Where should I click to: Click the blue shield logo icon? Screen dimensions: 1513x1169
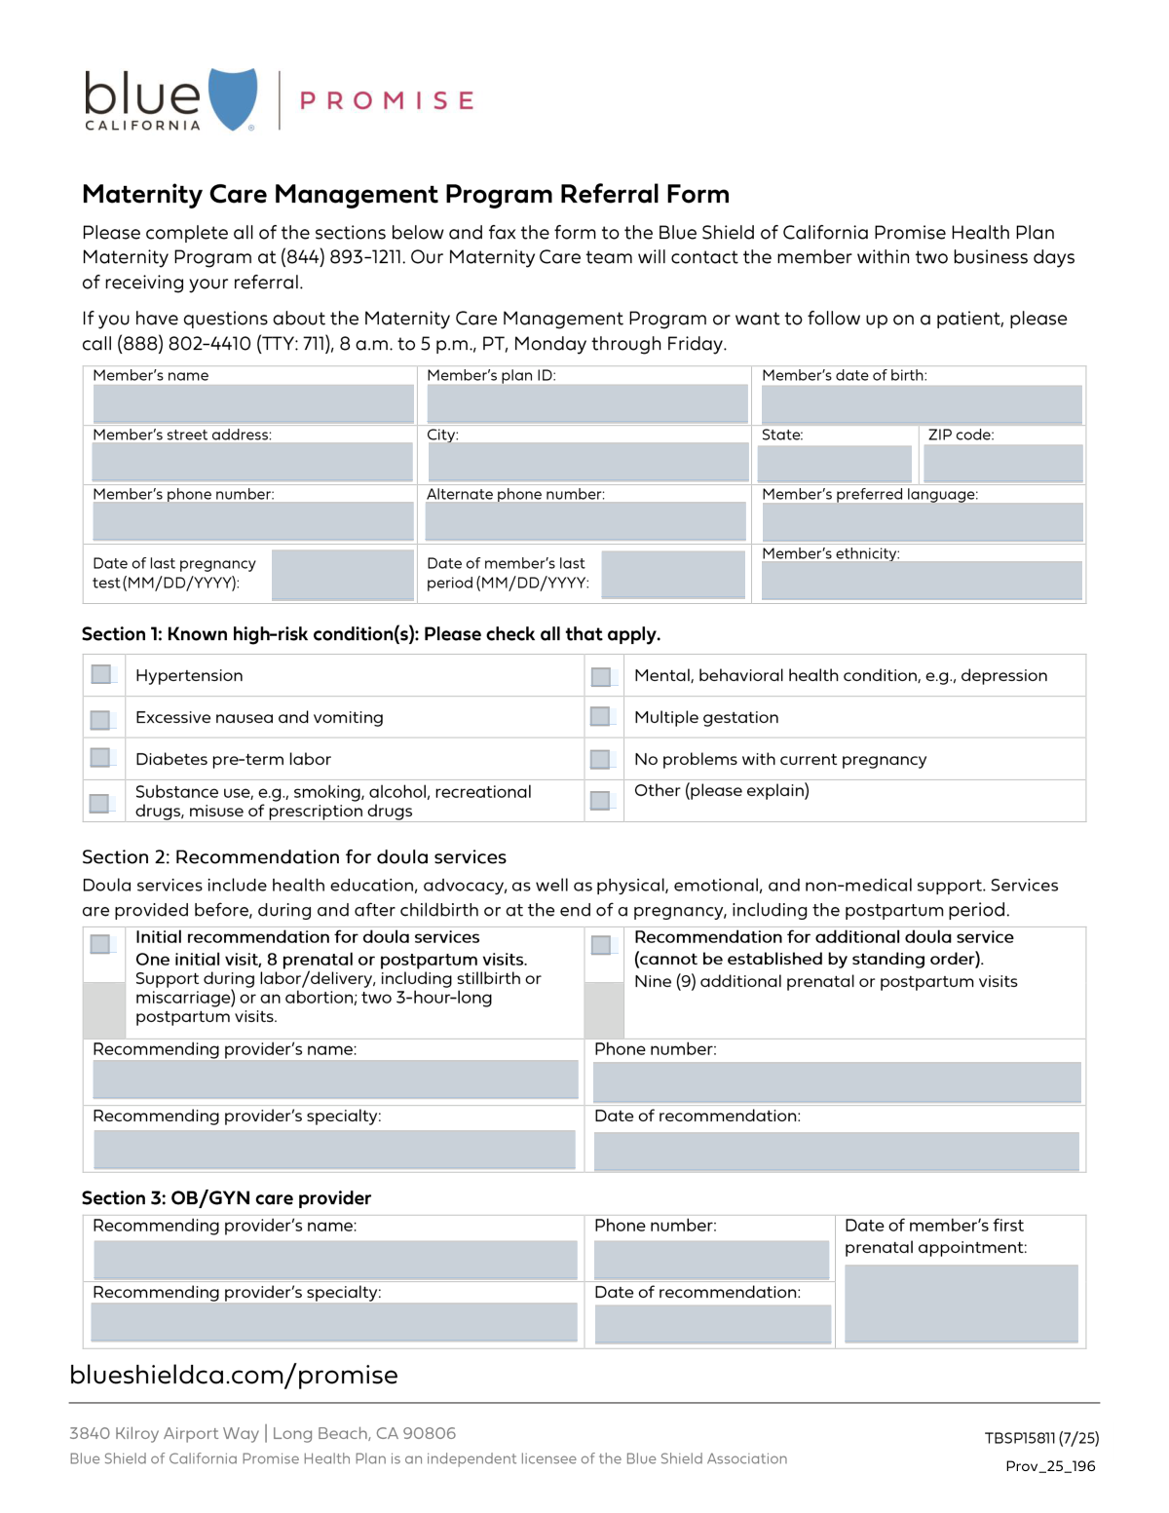click(233, 98)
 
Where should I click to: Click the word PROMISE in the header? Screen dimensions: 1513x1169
click(387, 101)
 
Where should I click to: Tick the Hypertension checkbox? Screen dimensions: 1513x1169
click(101, 674)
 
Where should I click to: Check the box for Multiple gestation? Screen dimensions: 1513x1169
click(601, 717)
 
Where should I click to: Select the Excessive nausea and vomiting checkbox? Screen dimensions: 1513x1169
click(100, 719)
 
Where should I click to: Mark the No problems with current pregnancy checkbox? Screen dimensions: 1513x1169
click(601, 759)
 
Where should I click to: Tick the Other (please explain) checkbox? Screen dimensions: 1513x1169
click(601, 800)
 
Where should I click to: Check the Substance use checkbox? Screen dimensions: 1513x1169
click(99, 803)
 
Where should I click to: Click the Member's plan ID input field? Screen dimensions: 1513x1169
click(586, 403)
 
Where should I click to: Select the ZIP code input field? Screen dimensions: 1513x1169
click(1002, 463)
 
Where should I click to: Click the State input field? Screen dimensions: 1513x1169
click(834, 463)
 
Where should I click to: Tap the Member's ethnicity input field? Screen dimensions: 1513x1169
click(922, 581)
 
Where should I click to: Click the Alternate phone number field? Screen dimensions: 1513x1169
click(585, 521)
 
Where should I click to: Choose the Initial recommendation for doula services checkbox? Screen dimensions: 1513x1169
click(100, 944)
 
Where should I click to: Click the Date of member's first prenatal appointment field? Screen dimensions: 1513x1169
click(961, 1303)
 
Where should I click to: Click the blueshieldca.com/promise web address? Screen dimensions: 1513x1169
click(234, 1375)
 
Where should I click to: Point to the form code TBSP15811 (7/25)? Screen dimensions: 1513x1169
click(1041, 1438)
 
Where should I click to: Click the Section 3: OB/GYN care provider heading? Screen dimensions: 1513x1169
click(226, 1198)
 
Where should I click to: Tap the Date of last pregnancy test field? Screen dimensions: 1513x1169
click(342, 574)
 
